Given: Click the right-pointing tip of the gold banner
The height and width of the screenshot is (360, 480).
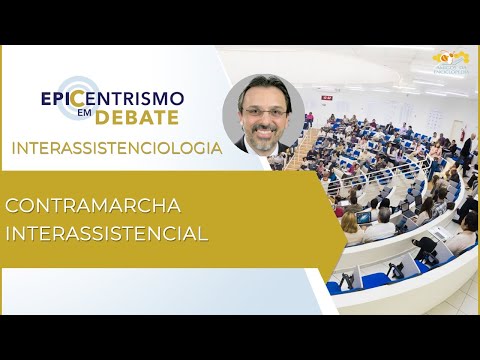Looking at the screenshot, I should coord(341,220).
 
